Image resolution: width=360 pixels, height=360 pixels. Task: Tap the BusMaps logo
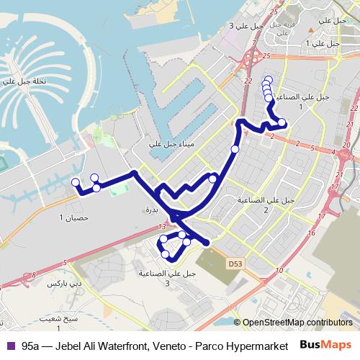328,345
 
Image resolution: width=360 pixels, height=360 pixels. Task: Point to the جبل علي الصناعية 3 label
168,277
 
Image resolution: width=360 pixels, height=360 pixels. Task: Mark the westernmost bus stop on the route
76,182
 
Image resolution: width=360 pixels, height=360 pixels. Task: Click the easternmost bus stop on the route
282,122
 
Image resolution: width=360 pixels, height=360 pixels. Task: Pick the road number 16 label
309,233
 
